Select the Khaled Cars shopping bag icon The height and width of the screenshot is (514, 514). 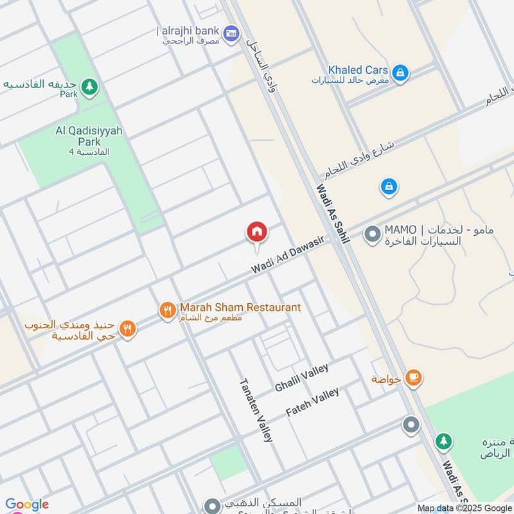[x=400, y=73]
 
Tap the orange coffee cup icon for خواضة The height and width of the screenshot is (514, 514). [x=413, y=378]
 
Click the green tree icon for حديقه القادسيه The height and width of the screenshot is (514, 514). [x=89, y=86]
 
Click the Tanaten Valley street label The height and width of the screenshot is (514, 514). [x=256, y=409]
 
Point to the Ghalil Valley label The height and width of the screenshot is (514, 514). [x=301, y=378]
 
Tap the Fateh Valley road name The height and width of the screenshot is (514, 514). [x=312, y=402]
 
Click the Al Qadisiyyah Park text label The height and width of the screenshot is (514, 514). [x=89, y=136]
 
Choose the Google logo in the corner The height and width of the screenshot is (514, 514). [x=26, y=504]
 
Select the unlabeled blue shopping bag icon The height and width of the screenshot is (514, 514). [x=388, y=188]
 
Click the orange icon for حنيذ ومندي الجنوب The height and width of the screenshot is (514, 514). [x=127, y=329]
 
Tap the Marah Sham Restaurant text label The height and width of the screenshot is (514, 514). [x=240, y=307]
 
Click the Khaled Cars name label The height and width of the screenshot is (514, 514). [x=358, y=69]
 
